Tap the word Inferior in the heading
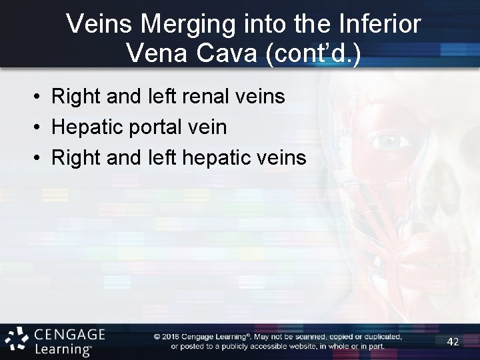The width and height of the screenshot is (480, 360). click(x=380, y=25)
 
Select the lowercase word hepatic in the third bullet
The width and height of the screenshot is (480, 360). click(x=214, y=157)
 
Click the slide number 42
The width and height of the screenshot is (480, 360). click(x=453, y=341)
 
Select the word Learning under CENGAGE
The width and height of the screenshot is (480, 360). click(x=61, y=349)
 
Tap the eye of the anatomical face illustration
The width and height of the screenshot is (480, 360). click(x=392, y=141)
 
